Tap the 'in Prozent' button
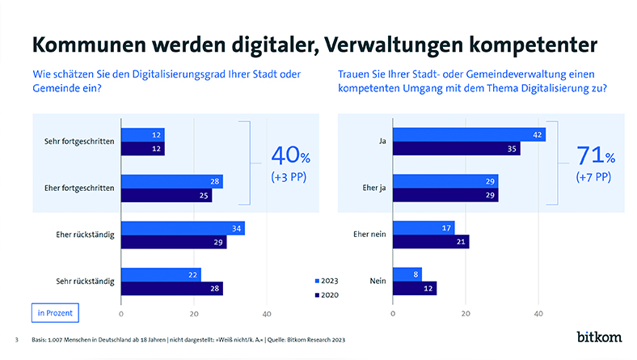pyautogui.click(x=53, y=311)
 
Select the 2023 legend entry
pyautogui.click(x=328, y=280)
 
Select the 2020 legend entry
pyautogui.click(x=328, y=295)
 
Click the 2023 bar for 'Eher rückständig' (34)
pyautogui.click(x=183, y=229)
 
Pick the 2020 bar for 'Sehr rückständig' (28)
pyautogui.click(x=171, y=288)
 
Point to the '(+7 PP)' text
pyautogui.click(x=593, y=176)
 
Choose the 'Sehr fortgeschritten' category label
pyautogui.click(x=79, y=142)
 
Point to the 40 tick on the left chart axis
pyautogui.click(x=267, y=312)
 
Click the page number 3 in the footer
pyautogui.click(x=17, y=339)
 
